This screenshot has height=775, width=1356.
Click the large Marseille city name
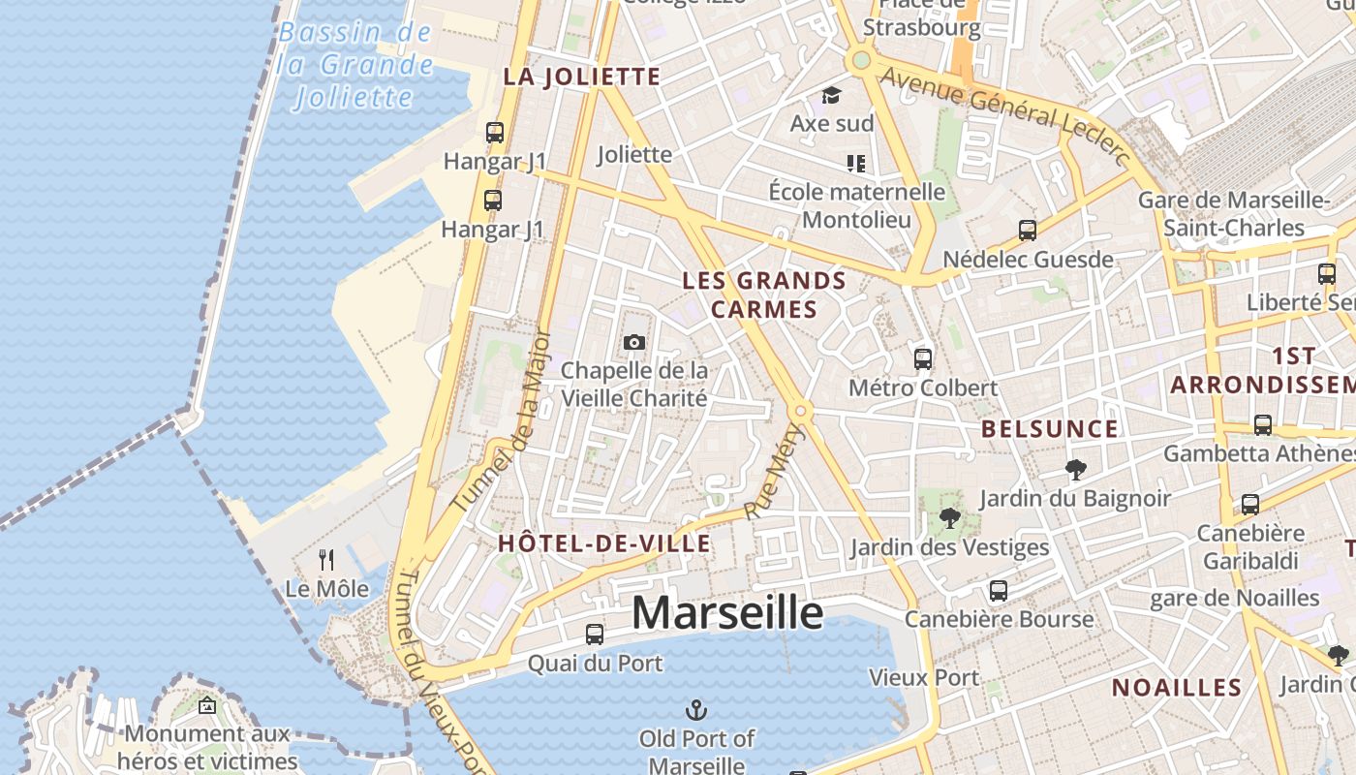[x=727, y=613]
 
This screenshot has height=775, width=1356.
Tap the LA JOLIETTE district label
[x=581, y=77]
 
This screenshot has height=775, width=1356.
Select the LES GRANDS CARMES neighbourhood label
[x=764, y=295]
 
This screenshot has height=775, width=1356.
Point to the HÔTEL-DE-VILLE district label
[x=604, y=543]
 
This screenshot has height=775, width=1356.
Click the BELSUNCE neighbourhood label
[x=1049, y=429]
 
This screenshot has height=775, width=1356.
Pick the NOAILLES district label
[x=1176, y=688]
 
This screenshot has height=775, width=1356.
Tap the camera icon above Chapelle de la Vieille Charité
[x=634, y=342]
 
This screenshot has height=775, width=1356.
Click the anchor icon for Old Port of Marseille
[x=695, y=711]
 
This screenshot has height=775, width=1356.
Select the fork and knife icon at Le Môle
[x=326, y=560]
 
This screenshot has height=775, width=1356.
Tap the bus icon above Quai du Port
[x=595, y=635]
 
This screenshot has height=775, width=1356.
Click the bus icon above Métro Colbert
[x=923, y=358]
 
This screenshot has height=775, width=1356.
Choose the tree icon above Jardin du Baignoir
[x=1074, y=471]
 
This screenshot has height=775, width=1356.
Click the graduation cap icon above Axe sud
[x=831, y=95]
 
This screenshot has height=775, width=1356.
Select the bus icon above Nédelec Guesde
[x=1028, y=231]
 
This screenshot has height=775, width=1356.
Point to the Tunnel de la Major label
[x=502, y=420]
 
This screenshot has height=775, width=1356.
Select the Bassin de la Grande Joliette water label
[x=355, y=65]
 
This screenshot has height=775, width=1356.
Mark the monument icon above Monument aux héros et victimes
[x=206, y=705]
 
